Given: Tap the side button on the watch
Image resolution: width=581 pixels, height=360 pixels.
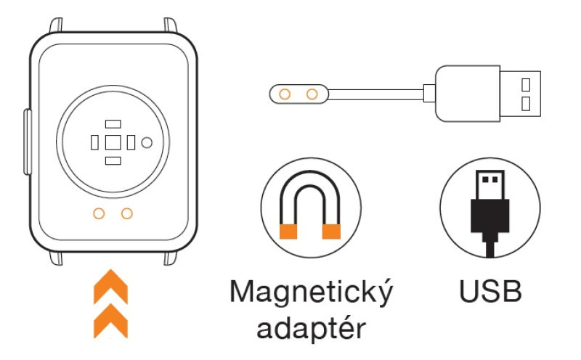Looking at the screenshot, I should click(x=26, y=142).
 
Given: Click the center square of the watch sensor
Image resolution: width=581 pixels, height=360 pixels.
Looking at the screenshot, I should click(x=113, y=142).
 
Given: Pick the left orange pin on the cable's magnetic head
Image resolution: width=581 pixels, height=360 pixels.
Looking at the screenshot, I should click(x=285, y=93).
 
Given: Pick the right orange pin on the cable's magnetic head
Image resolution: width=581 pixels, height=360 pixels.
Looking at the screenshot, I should click(x=312, y=93).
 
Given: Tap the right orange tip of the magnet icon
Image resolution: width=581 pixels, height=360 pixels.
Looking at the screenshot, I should click(x=332, y=232).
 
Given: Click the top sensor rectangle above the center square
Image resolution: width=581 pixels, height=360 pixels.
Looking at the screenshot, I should click(x=113, y=124).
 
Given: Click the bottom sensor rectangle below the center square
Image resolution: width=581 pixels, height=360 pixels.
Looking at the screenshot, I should click(x=113, y=160).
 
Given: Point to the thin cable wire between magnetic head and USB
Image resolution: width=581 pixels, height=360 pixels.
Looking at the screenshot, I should click(x=378, y=93).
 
